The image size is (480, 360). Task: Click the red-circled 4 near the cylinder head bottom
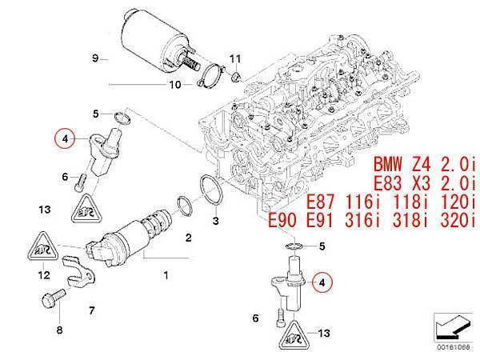322,282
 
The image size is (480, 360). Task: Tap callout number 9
94,58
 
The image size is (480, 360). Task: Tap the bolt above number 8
44,302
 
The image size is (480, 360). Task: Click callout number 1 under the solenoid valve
166,276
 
